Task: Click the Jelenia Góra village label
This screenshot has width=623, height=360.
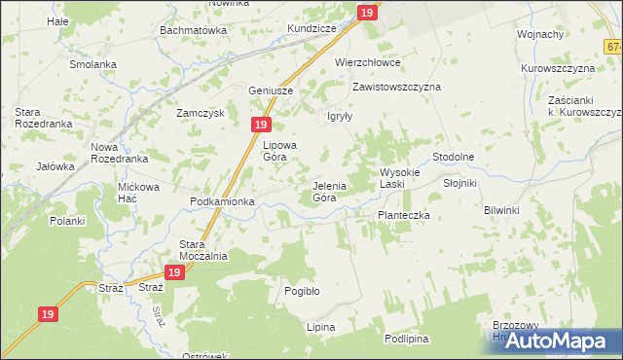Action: click(324, 191)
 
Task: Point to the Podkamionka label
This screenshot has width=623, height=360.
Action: click(222, 201)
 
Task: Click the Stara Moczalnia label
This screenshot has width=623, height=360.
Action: click(203, 250)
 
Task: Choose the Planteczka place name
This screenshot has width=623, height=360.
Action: click(403, 215)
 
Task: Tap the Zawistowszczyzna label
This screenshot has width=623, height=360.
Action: click(396, 87)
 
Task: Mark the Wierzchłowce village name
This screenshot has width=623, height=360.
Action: click(368, 61)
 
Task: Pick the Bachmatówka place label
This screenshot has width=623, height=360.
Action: click(193, 30)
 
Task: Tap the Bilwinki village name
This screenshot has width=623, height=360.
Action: click(502, 209)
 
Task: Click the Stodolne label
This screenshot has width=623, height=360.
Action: click(453, 157)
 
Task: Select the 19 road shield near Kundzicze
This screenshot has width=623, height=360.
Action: click(366, 13)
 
